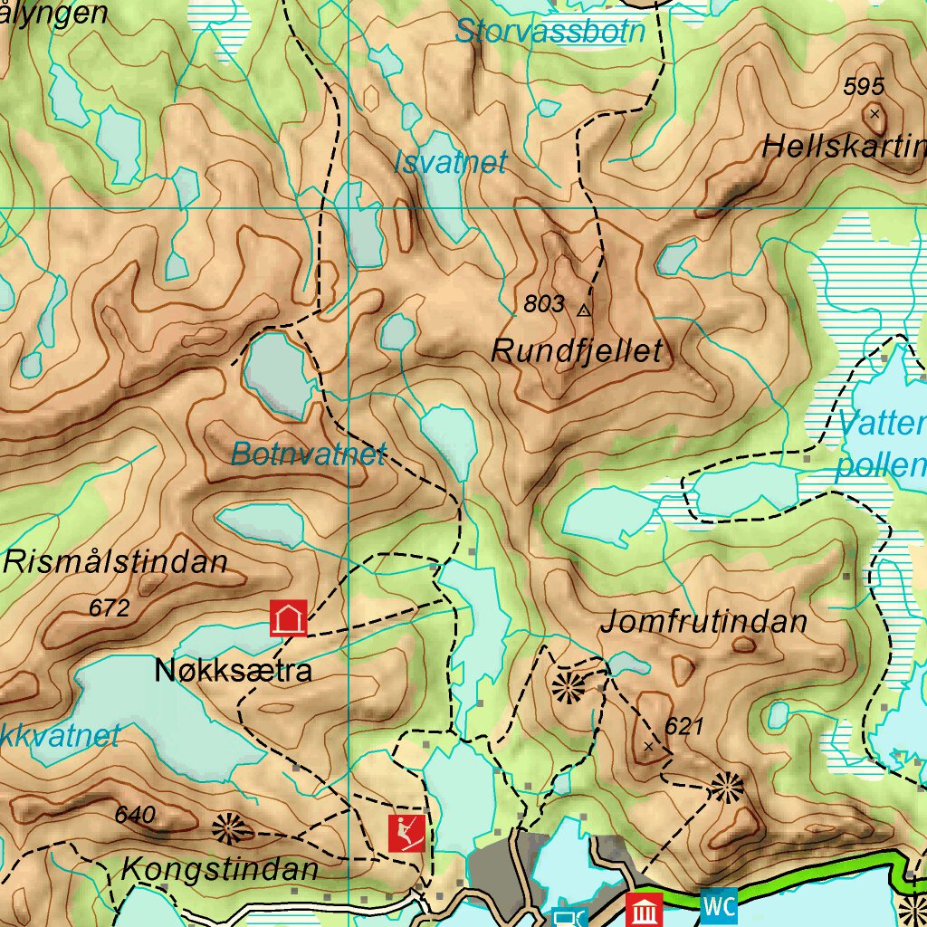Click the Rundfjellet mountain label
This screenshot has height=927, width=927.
click(x=577, y=351)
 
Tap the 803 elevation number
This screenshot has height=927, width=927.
click(x=544, y=305)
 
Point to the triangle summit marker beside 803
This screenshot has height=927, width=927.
click(x=584, y=310)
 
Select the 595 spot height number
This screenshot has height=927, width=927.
click(x=863, y=87)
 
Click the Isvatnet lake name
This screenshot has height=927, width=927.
click(x=450, y=163)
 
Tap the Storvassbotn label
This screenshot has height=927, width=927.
click(x=550, y=32)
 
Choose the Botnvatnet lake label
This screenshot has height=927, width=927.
click(x=309, y=454)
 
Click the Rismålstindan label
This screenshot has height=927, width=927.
click(x=115, y=562)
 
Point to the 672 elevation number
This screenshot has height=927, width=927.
click(x=109, y=608)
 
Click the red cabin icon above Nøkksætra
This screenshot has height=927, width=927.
click(x=289, y=620)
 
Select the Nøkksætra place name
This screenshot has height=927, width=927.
click(x=234, y=671)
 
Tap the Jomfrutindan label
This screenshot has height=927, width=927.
click(x=703, y=623)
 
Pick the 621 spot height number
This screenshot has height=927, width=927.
click(x=683, y=726)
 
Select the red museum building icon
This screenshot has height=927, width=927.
click(x=645, y=909)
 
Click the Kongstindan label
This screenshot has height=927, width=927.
click(x=219, y=870)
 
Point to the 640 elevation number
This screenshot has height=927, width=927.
click(x=135, y=815)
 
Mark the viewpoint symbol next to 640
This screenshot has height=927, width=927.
click(x=228, y=827)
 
